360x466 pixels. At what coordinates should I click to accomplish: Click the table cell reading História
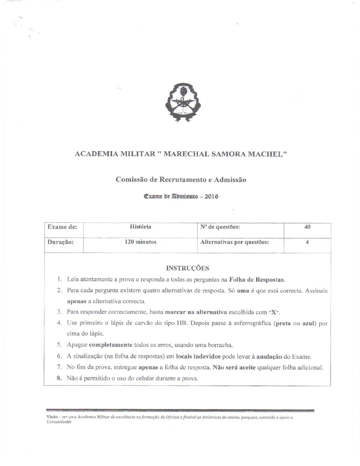(141, 227)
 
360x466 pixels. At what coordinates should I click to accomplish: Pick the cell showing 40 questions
(307, 227)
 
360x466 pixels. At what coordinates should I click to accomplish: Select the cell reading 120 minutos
(141, 242)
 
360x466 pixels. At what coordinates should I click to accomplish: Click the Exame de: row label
(63, 227)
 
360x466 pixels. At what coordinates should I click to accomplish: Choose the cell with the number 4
(307, 242)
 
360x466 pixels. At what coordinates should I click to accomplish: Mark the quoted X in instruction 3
(274, 312)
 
